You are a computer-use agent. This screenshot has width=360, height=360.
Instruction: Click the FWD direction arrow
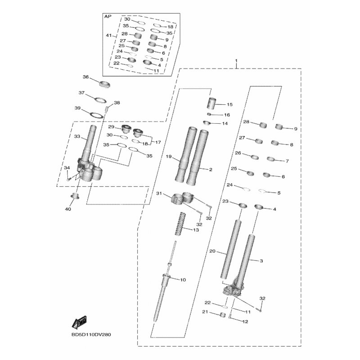click(80, 321)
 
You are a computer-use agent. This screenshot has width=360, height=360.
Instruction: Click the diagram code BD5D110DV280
click(91, 334)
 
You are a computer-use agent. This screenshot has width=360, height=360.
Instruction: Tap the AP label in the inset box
click(108, 17)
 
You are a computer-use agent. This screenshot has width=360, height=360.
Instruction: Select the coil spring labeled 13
click(181, 224)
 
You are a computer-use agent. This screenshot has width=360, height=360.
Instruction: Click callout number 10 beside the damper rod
click(183, 279)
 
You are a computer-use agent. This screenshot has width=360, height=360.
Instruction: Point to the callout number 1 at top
click(236, 61)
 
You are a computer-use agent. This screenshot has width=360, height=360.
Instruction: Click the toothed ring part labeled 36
click(105, 84)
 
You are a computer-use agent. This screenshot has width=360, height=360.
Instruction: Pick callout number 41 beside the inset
click(108, 36)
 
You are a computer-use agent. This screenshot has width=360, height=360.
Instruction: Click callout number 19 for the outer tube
click(169, 157)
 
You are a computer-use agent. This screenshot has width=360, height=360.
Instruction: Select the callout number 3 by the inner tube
click(261, 261)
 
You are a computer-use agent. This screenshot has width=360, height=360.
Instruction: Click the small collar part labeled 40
click(75, 196)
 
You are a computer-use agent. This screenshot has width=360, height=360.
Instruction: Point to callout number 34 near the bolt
click(67, 168)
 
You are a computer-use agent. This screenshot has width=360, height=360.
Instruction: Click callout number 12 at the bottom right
click(245, 321)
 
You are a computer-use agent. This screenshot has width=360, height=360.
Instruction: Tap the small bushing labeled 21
click(223, 315)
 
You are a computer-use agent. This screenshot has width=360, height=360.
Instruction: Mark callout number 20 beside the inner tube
click(212, 251)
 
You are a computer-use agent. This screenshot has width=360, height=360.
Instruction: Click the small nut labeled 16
click(209, 114)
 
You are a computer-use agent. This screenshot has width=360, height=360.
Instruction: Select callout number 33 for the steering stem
click(77, 136)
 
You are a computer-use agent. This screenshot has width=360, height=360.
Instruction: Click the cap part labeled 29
click(126, 129)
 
